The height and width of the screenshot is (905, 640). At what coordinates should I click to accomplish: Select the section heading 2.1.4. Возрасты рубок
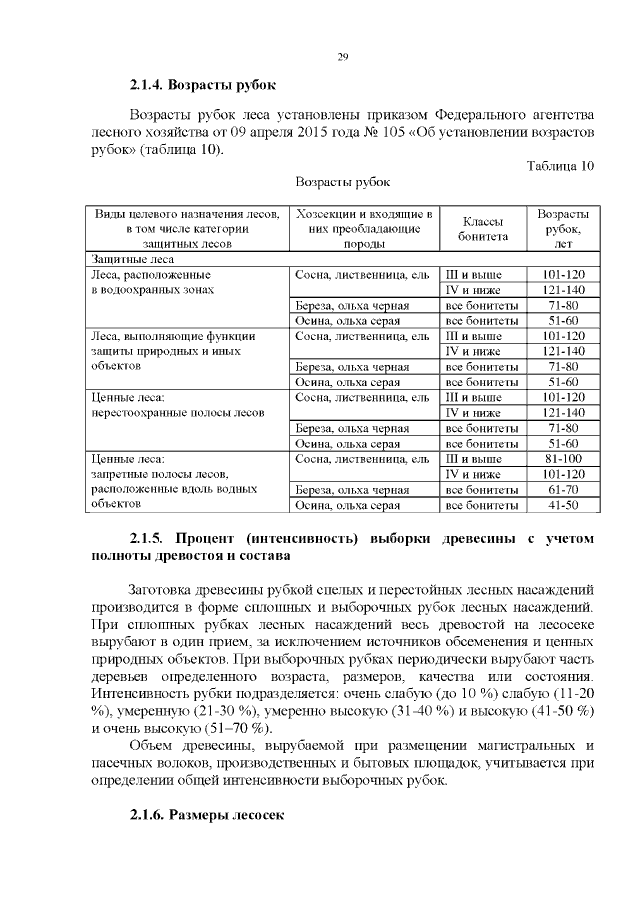pyautogui.click(x=203, y=84)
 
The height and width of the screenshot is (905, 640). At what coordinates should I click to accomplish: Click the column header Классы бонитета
pyautogui.click(x=483, y=229)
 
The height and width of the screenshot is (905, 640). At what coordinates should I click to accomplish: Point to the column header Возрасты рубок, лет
pyautogui.click(x=562, y=229)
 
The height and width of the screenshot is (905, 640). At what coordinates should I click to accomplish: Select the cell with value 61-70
pyautogui.click(x=562, y=490)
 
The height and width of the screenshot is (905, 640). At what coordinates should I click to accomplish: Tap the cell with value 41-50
pyautogui.click(x=562, y=506)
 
